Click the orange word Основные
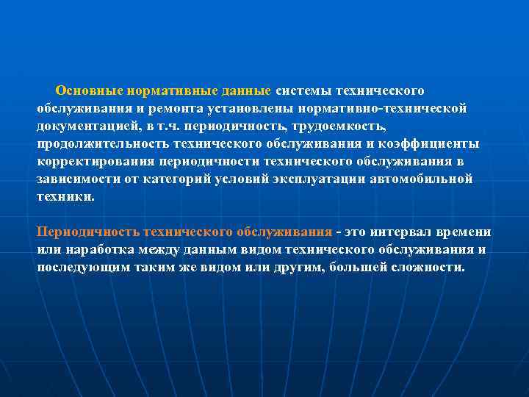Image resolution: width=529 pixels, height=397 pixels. point(88,90)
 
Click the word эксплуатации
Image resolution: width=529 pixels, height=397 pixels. point(317,179)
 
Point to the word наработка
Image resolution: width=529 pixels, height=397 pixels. point(94,249)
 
